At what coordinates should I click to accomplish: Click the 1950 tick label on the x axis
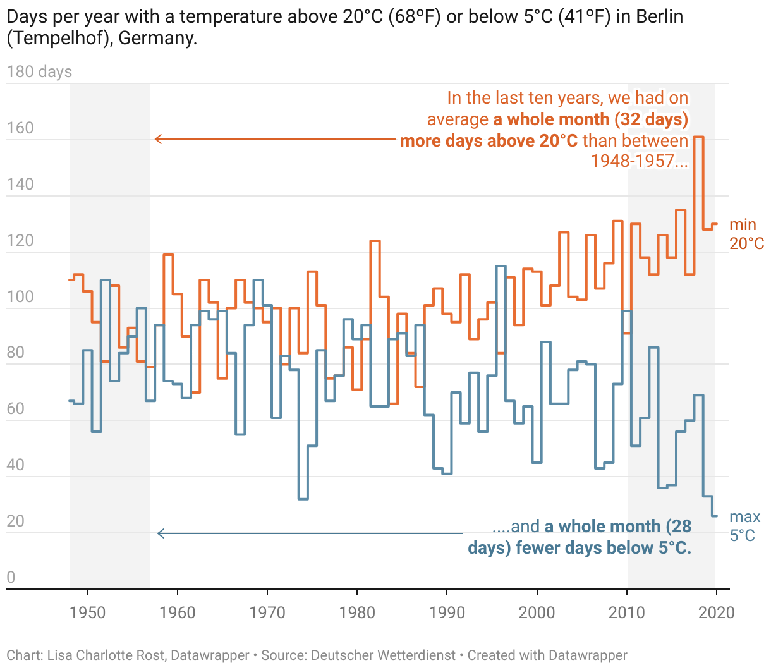pyautogui.click(x=87, y=612)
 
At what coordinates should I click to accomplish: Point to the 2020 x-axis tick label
pyautogui.click(x=717, y=612)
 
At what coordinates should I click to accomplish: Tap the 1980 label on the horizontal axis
pyautogui.click(x=357, y=612)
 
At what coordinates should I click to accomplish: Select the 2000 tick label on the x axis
pyautogui.click(x=537, y=612)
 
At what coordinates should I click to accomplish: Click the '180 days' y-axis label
pyautogui.click(x=39, y=72)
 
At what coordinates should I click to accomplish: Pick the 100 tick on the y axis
pyautogui.click(x=20, y=296)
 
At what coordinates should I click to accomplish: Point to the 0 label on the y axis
pyautogui.click(x=11, y=576)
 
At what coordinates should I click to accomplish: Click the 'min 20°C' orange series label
pyautogui.click(x=746, y=234)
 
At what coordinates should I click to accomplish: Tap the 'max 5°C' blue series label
pyautogui.click(x=744, y=527)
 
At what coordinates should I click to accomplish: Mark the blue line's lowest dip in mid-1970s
pyautogui.click(x=303, y=499)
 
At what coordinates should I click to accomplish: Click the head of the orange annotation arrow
pyautogui.click(x=157, y=139)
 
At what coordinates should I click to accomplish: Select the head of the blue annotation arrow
pyautogui.click(x=159, y=533)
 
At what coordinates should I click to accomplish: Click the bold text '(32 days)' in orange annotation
pyautogui.click(x=652, y=119)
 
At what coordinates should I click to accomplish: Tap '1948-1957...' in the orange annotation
pyautogui.click(x=639, y=161)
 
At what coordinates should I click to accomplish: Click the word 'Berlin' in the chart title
pyautogui.click(x=659, y=16)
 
